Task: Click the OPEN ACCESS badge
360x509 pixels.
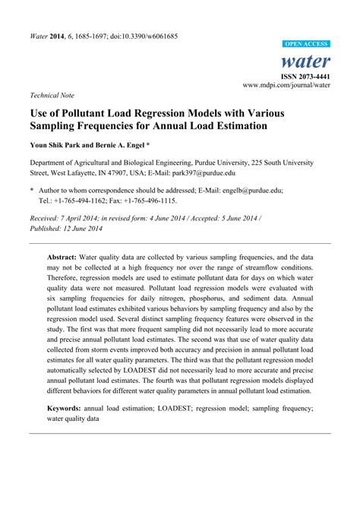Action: [307, 45]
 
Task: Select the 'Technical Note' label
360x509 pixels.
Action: [52, 96]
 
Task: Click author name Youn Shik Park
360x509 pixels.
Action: [59, 144]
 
